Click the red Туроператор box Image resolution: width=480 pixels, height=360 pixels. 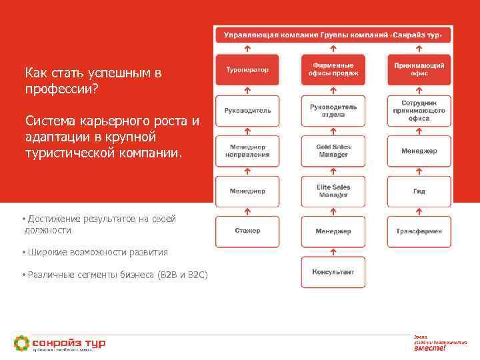tap(247, 69)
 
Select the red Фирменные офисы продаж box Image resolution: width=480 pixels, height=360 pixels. tap(333, 69)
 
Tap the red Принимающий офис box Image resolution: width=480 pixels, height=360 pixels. tap(419, 69)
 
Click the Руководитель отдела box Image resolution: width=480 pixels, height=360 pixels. tap(333, 111)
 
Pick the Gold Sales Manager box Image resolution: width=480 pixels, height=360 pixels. tap(333, 151)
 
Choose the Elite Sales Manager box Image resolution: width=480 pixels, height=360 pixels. tap(333, 191)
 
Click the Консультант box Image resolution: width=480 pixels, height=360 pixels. tap(333, 272)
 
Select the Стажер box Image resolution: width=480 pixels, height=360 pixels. tap(247, 231)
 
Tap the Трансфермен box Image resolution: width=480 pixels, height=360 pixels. tap(419, 231)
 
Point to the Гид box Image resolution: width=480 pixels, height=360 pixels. tap(419, 191)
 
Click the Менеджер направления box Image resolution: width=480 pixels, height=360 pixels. tap(247, 151)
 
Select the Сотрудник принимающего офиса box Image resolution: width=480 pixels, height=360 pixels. tap(419, 111)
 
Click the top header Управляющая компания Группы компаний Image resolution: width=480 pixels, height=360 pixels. tap(333, 34)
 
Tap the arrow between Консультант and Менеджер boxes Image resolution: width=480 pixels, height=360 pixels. tap(333, 252)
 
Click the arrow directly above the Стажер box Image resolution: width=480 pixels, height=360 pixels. tap(247, 211)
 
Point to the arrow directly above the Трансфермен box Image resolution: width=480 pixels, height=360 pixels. tap(419, 211)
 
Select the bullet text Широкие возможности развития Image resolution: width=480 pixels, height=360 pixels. tap(98, 253)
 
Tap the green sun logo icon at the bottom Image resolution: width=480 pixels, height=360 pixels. tap(22, 343)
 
